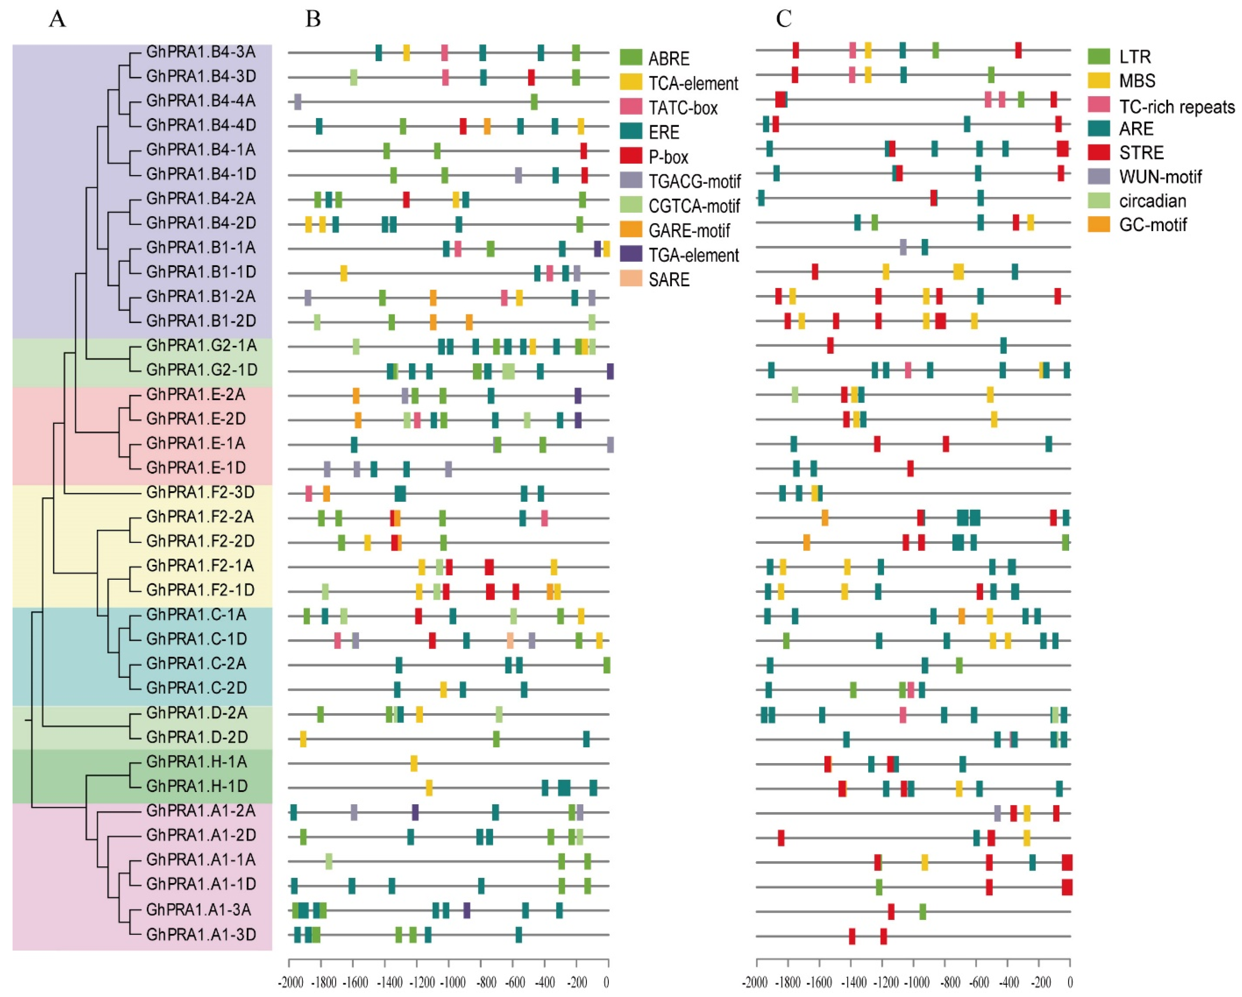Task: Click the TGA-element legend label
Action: pyautogui.click(x=693, y=255)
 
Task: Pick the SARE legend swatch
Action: pyautogui.click(x=631, y=279)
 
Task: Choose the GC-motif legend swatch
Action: pyautogui.click(x=1098, y=225)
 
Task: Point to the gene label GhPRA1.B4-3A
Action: pyautogui.click(x=201, y=52)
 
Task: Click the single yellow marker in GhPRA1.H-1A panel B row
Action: pyautogui.click(x=414, y=763)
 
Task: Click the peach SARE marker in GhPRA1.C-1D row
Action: pyautogui.click(x=510, y=640)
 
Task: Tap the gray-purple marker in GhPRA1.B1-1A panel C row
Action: pyautogui.click(x=903, y=247)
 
